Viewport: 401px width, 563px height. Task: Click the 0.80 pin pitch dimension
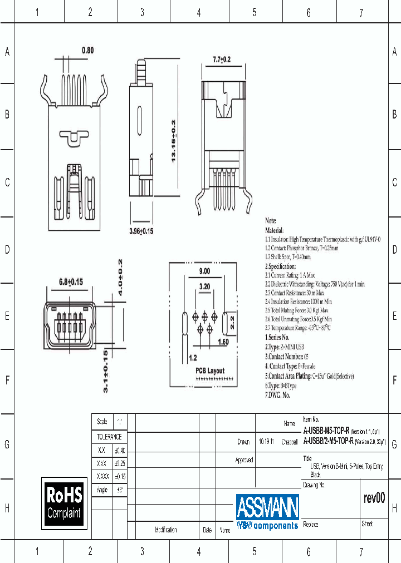point(87,51)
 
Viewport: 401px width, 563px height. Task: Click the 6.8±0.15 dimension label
point(71,282)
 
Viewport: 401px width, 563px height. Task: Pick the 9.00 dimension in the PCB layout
point(204,271)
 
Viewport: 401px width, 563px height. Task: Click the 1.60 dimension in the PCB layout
point(223,342)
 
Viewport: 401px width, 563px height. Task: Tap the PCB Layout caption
point(209,371)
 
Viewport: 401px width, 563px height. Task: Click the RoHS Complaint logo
point(64,503)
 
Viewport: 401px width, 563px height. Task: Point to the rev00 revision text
point(374,498)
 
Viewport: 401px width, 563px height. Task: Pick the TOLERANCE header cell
point(109,437)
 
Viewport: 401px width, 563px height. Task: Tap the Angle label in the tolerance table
point(102,490)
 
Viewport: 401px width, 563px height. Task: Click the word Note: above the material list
point(271,221)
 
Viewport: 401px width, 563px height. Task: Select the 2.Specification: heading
point(281,266)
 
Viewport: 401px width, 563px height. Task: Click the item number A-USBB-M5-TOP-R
point(326,431)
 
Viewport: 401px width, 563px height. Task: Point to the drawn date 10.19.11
point(266,442)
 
